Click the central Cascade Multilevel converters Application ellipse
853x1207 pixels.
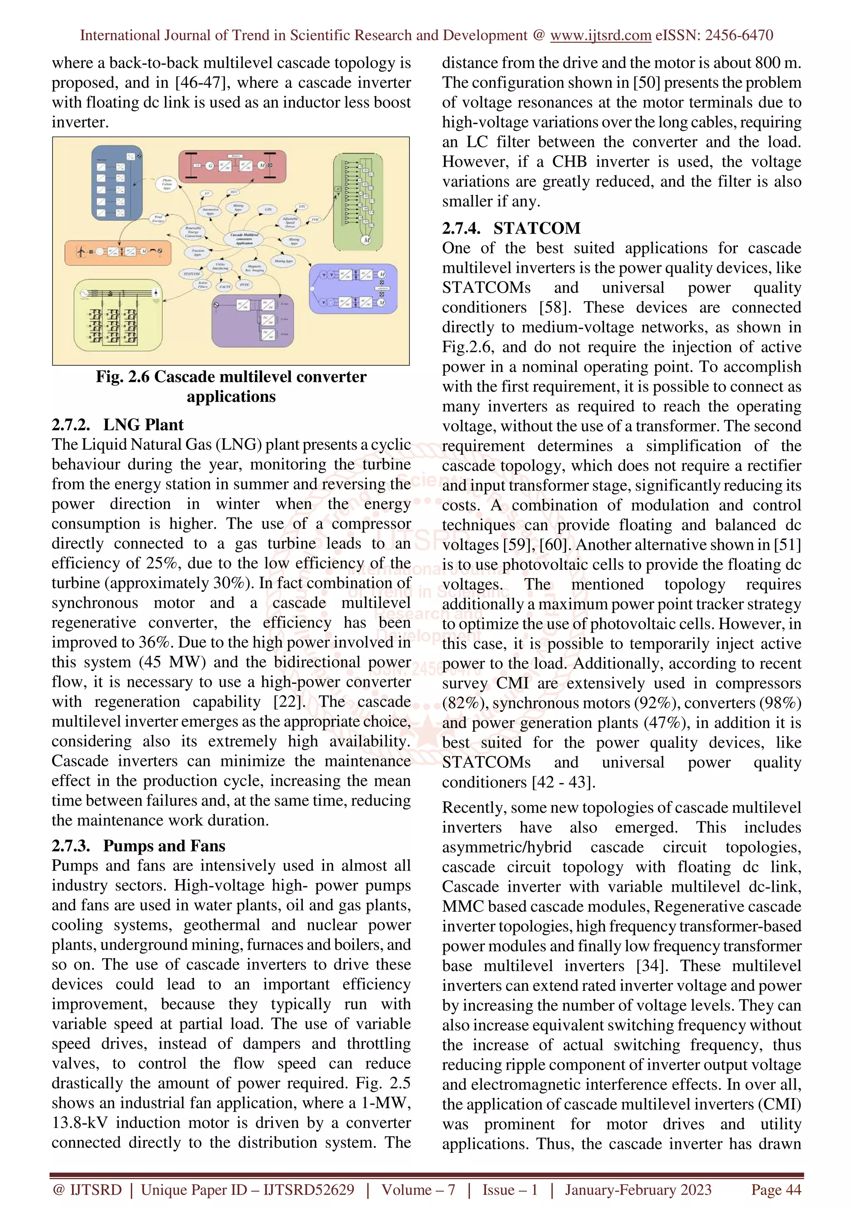[244, 239]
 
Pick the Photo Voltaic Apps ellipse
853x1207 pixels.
[167, 184]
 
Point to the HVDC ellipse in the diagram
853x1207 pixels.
[245, 284]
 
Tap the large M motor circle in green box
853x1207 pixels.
[367, 240]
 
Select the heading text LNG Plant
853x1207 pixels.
[143, 424]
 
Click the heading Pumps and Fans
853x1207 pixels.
[164, 845]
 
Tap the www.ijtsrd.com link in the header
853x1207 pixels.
[600, 35]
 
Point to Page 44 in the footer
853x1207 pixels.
[776, 1190]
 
